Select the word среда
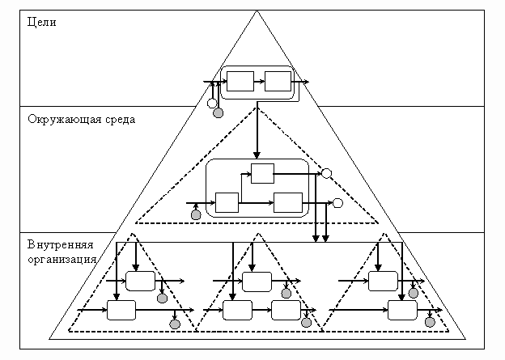(118, 119)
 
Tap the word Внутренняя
(61, 246)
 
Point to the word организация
(62, 259)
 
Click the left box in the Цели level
(240, 81)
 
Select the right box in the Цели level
(278, 81)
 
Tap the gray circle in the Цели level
(218, 113)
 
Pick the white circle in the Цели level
(211, 104)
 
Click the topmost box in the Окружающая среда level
(262, 173)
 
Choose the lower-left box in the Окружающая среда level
(227, 202)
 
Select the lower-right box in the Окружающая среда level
(287, 202)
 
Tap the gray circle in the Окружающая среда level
(196, 214)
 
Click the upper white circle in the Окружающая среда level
(326, 173)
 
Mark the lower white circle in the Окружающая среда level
(337, 202)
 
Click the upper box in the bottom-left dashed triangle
(140, 281)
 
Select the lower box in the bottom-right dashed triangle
(401, 309)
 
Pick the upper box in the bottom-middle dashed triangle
(257, 281)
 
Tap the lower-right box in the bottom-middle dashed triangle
(286, 309)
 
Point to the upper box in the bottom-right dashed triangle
(383, 281)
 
